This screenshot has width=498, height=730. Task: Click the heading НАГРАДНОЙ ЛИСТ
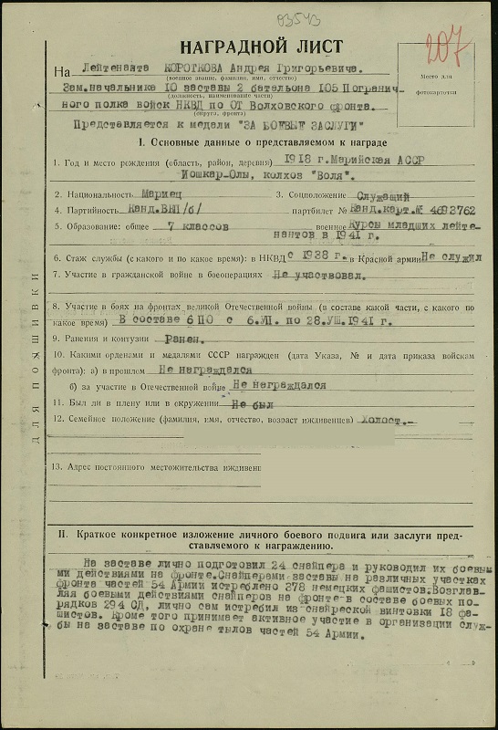coord(261,47)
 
